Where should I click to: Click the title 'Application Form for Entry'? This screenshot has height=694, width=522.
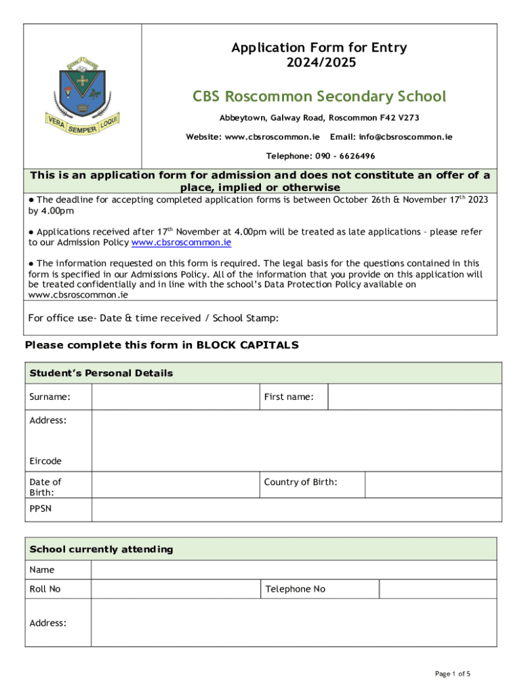point(319,47)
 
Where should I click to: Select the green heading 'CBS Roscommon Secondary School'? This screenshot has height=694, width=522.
point(319,96)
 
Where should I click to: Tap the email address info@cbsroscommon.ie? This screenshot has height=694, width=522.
point(391,137)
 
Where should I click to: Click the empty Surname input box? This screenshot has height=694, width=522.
point(176,397)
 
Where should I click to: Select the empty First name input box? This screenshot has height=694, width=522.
point(414,397)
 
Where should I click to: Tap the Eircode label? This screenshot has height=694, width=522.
point(45,461)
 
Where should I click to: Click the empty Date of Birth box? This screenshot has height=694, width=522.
point(176,485)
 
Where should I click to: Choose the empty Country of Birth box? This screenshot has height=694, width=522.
point(433,485)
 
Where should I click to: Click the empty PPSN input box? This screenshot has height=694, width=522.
point(296,510)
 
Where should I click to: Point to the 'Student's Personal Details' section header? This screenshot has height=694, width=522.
point(101,373)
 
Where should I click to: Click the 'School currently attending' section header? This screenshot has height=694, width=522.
point(101,549)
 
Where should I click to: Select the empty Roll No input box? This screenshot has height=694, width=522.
point(176,589)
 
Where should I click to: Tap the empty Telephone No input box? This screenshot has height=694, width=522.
point(440,589)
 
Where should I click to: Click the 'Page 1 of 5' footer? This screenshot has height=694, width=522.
point(452,674)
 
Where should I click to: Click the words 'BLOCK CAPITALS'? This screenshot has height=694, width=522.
point(247,345)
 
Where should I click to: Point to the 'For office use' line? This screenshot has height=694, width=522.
point(153,319)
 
